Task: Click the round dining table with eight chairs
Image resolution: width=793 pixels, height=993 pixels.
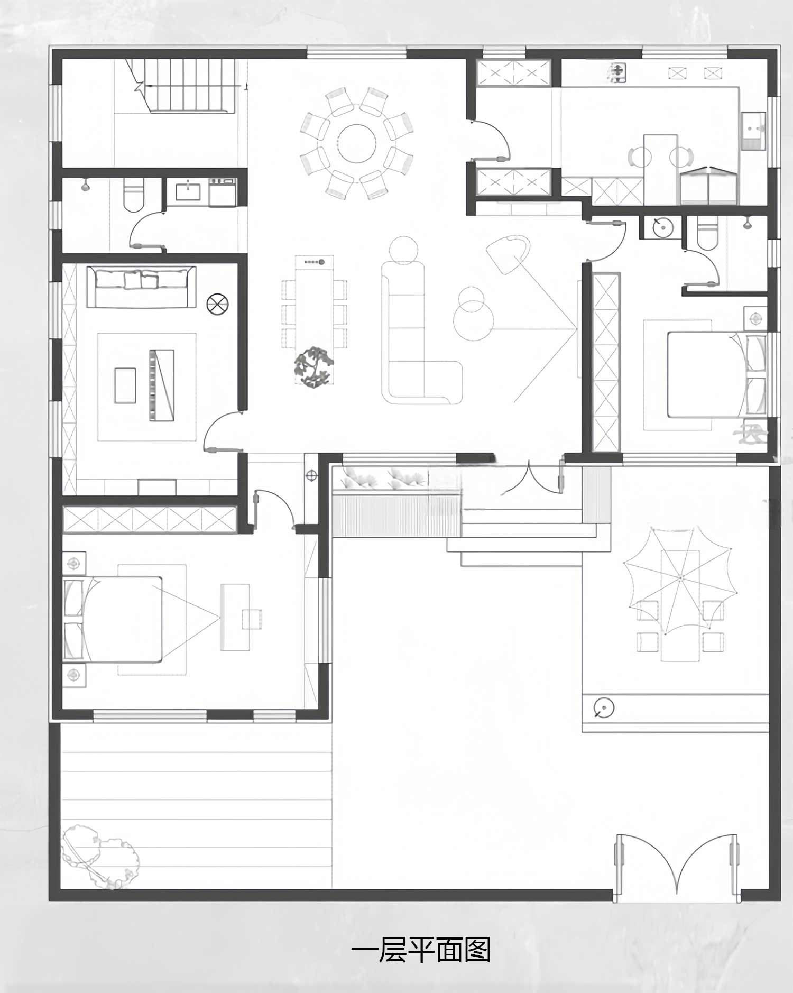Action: point(357,143)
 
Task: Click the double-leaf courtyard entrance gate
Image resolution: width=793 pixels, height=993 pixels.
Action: point(677,867)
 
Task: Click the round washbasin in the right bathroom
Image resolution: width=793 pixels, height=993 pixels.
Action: point(661,227)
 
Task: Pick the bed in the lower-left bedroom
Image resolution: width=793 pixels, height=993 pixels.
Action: point(112,619)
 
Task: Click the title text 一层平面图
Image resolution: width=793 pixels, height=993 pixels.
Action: point(421,950)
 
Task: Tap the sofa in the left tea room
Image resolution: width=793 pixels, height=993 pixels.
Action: point(141,287)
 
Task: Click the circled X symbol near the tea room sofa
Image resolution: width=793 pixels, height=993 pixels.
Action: point(217,305)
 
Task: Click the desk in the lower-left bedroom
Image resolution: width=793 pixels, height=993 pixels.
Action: point(235,617)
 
